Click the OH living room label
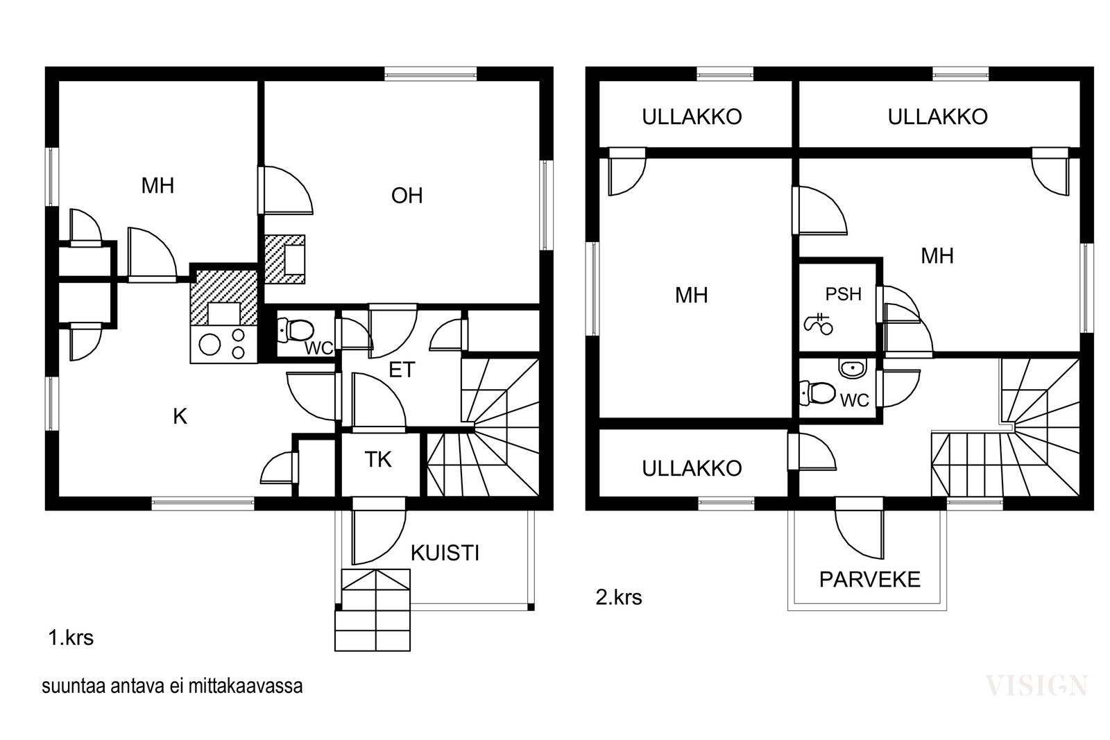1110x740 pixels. point(407,196)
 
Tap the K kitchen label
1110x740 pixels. point(180,417)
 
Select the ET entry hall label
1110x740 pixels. point(402,370)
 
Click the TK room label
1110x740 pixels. point(378,460)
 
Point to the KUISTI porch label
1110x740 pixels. point(445,553)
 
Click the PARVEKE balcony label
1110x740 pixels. point(870,580)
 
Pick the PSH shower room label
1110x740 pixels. point(844,294)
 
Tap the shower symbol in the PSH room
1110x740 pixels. point(818,324)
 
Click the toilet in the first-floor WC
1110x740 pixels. point(296,330)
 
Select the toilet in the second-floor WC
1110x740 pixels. point(818,393)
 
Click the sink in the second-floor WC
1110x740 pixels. point(853,369)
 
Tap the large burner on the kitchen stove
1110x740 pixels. point(210,344)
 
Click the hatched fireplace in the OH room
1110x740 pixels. point(284,259)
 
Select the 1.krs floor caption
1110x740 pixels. point(71,638)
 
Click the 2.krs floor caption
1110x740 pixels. point(618,597)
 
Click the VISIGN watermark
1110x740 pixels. point(1036,685)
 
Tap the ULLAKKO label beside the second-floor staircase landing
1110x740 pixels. point(692,468)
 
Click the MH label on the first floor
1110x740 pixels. point(157,186)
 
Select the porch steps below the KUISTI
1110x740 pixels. point(373,610)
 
